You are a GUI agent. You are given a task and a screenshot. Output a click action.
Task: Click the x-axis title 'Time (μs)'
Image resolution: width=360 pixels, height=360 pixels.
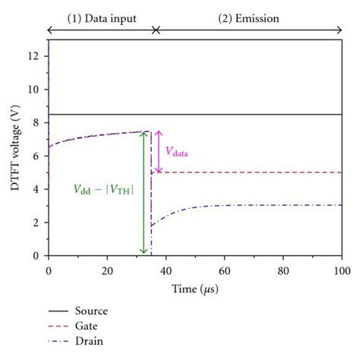[195, 289]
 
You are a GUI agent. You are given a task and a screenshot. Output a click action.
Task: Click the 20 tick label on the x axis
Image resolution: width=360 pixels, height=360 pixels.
[107, 271]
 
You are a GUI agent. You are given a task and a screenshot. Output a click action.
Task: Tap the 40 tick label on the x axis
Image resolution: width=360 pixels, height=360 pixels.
[166, 271]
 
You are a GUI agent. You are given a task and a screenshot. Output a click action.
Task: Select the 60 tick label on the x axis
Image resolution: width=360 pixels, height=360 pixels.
[225, 271]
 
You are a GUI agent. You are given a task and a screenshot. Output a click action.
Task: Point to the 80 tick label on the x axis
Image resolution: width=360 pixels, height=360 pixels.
[283, 271]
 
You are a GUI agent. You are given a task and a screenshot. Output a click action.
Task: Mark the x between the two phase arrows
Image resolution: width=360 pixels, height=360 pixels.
[156, 30]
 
